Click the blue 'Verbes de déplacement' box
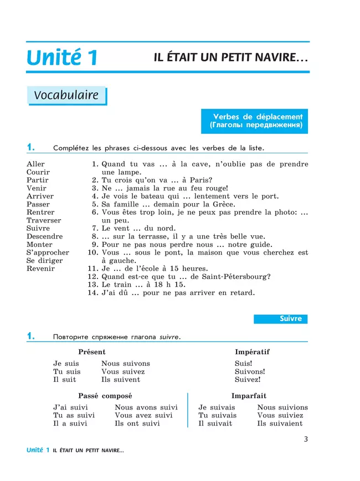(258, 121)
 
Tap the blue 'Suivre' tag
(280, 319)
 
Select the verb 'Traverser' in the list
(44, 220)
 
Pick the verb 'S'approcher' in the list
(48, 252)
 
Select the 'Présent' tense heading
(92, 352)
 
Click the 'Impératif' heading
(252, 352)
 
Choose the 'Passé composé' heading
(105, 396)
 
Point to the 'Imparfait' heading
(249, 396)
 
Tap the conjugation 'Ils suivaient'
(280, 423)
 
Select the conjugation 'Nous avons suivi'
(146, 407)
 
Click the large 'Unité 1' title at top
(62, 58)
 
